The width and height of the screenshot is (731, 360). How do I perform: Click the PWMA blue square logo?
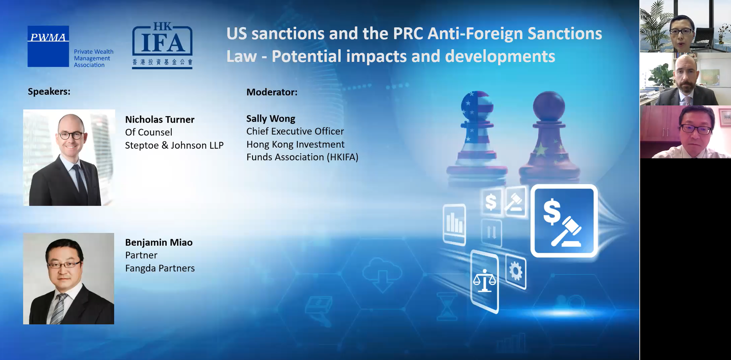pos(48,46)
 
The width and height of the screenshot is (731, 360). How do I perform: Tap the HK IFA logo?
pos(162,46)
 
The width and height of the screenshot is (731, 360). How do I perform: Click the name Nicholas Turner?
pos(160,120)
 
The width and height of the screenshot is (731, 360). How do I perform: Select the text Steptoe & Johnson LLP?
pos(174,145)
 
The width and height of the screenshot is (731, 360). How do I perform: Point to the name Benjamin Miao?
pos(159,242)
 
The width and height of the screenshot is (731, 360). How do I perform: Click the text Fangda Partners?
pos(160,268)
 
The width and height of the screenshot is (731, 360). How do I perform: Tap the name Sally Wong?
pos(271,119)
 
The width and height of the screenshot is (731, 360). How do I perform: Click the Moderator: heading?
pos(272,92)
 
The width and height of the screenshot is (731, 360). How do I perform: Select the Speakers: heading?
pos(49,91)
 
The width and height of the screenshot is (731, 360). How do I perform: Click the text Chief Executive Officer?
pos(295,132)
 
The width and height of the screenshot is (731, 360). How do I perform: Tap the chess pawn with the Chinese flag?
pos(549,138)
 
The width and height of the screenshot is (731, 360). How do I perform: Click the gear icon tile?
pos(516,271)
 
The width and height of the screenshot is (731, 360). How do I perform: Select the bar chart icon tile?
pos(455,225)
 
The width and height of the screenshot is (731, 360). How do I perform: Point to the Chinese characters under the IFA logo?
pos(163,62)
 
